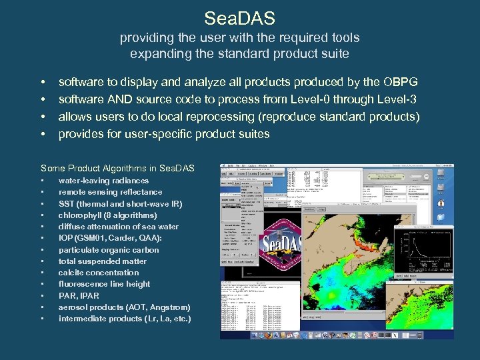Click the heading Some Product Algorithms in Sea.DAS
(117, 168)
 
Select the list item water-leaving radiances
(103, 181)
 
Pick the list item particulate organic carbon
(109, 250)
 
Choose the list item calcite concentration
(99, 273)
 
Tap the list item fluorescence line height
(104, 284)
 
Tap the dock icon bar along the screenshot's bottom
(337, 335)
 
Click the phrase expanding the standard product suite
(239, 53)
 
